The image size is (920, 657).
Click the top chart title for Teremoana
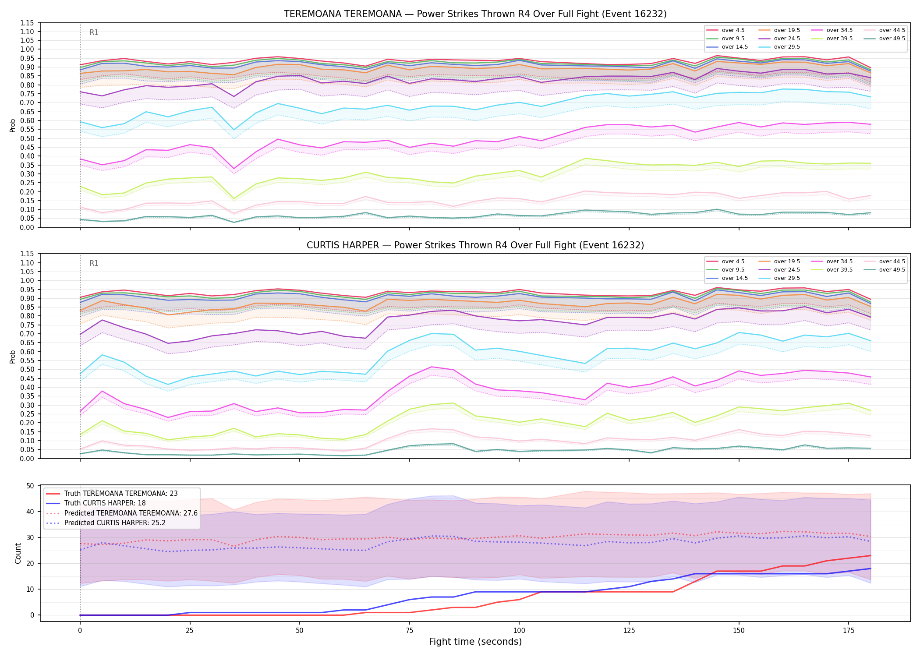[475, 14]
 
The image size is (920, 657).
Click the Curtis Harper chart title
[475, 245]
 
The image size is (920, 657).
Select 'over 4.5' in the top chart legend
[733, 30]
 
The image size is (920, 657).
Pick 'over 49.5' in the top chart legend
[892, 39]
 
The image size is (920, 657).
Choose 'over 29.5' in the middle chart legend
[787, 278]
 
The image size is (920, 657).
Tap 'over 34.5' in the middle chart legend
[839, 261]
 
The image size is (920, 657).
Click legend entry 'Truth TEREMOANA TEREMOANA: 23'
[121, 494]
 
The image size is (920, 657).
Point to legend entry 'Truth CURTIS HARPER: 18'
[105, 503]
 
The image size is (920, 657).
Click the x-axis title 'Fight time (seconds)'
[475, 642]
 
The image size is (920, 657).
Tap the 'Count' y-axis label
[18, 553]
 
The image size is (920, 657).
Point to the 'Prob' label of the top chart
[13, 125]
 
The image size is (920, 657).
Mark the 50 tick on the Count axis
[30, 486]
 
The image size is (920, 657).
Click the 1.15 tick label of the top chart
[27, 23]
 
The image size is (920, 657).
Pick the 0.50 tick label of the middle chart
[27, 369]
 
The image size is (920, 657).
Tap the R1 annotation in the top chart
[94, 32]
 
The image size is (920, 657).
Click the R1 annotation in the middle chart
[94, 263]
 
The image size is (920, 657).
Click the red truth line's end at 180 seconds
[870, 555]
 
